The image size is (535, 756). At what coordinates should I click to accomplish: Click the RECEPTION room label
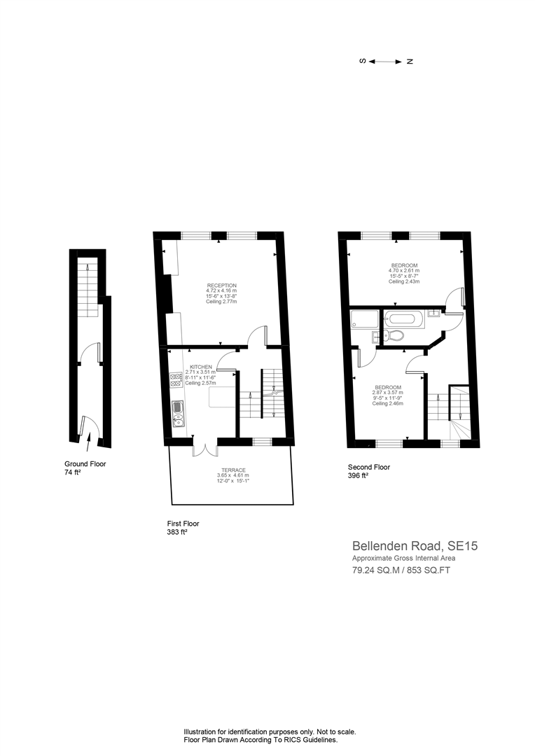tap(221, 286)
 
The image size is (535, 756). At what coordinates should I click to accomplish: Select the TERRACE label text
tap(230, 470)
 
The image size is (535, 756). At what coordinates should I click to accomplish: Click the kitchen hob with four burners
tap(176, 379)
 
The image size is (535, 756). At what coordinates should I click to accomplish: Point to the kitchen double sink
tap(178, 414)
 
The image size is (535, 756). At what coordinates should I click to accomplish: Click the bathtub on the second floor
tap(403, 320)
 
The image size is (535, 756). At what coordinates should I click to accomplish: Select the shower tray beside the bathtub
tap(363, 321)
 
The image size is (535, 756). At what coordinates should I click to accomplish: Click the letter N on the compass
tap(410, 62)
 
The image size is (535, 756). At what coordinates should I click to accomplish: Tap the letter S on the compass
tap(363, 62)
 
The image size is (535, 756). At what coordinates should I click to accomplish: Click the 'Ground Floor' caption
tap(85, 464)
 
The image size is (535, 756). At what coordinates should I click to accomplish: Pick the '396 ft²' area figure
tap(359, 476)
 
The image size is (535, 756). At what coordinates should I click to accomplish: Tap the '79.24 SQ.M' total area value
tap(373, 570)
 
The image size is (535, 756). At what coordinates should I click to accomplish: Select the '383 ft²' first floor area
tap(177, 532)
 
